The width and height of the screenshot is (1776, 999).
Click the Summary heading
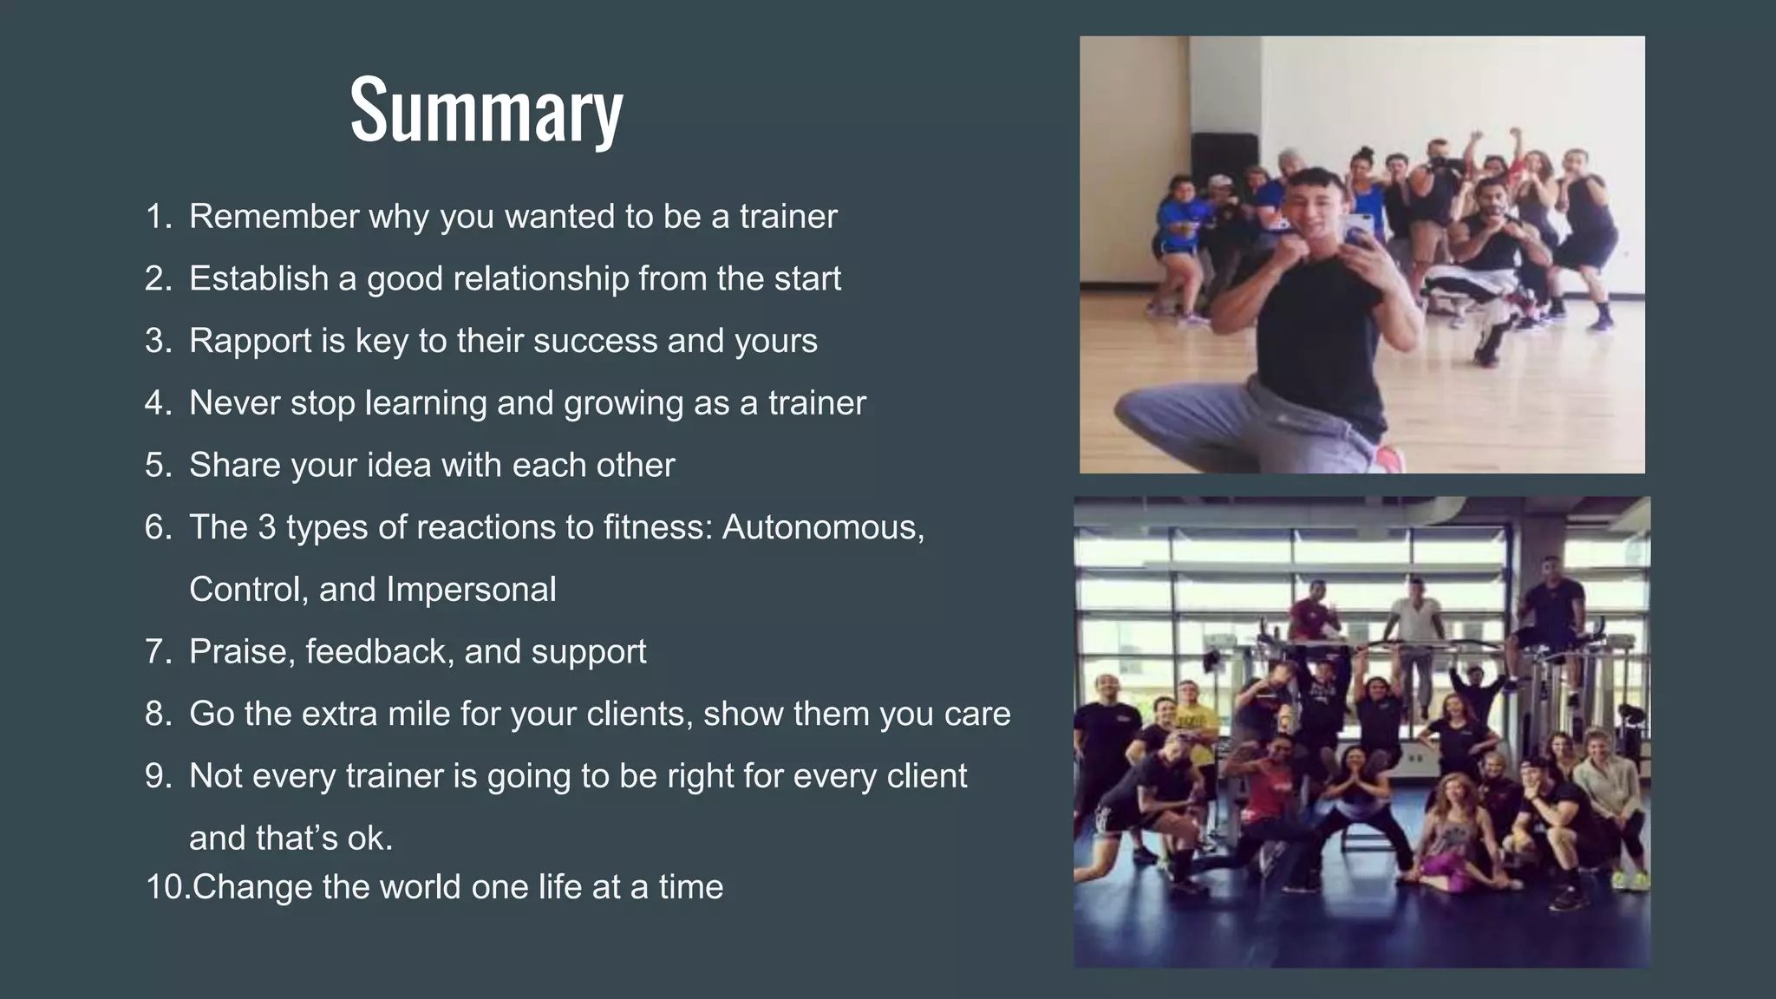[486, 110]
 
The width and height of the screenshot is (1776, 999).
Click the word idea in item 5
[399, 466]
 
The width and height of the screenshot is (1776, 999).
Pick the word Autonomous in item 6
[822, 527]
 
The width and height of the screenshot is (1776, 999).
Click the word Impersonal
[471, 590]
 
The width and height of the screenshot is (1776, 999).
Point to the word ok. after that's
[369, 839]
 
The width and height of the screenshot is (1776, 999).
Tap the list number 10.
[166, 887]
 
